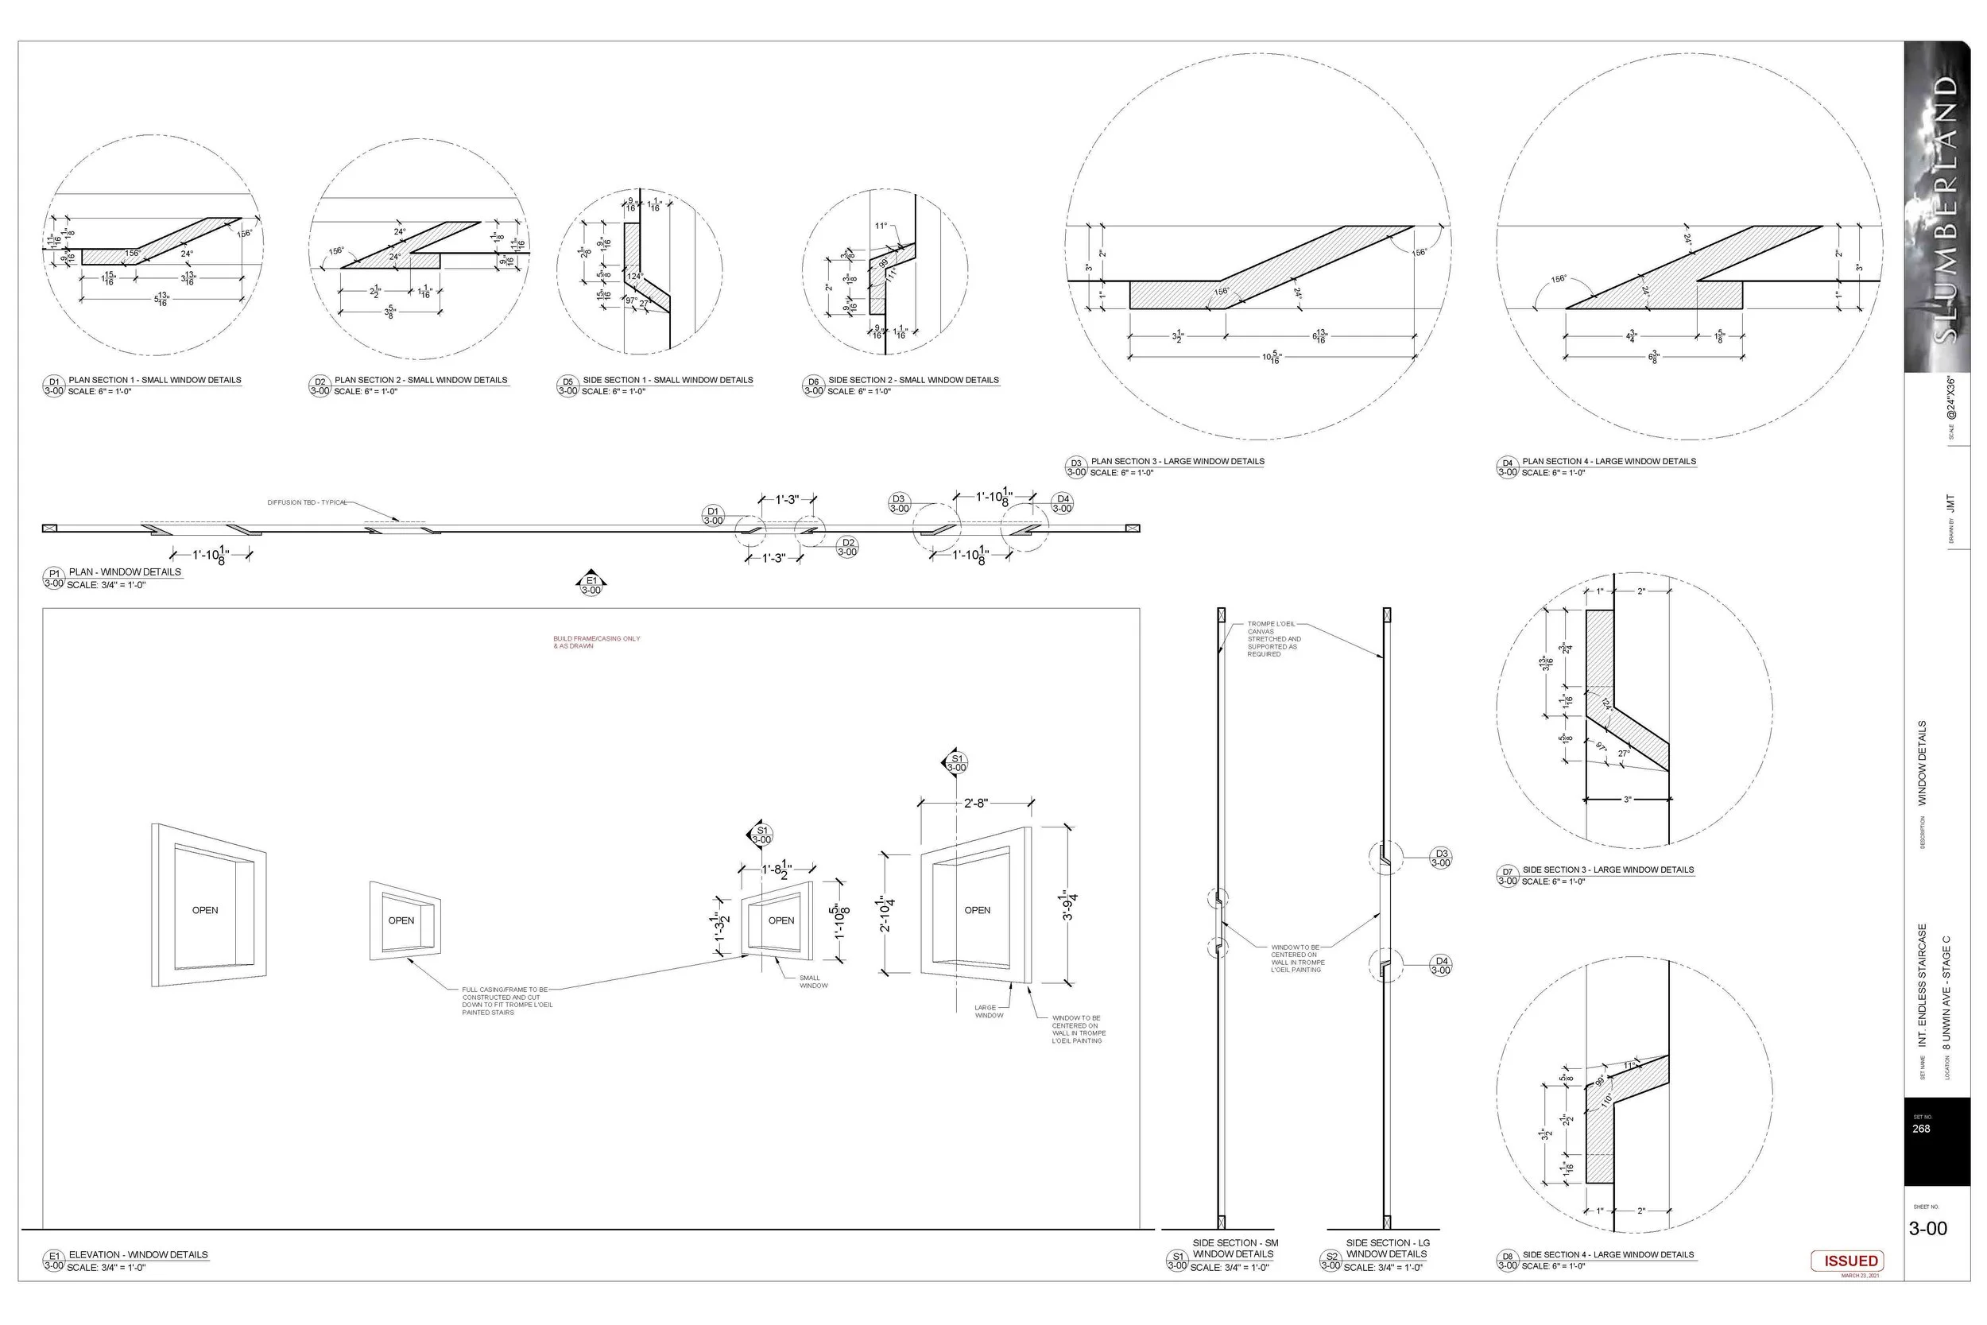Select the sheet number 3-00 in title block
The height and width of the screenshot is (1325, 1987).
(1927, 1229)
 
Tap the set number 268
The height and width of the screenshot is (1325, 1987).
(1920, 1129)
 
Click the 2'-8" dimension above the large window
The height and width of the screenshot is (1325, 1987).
(976, 803)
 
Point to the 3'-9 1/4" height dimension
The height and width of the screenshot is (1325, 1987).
(1070, 905)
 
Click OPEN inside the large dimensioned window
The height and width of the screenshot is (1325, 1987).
(978, 910)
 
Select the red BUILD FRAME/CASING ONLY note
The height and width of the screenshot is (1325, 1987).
(596, 642)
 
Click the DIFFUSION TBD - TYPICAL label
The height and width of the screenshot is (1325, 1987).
(308, 503)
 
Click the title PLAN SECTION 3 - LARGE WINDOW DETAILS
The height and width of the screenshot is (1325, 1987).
(1178, 461)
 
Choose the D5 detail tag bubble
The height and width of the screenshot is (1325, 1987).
(567, 386)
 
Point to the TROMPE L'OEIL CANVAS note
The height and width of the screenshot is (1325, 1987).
(1274, 639)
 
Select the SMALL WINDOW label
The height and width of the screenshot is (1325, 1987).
(813, 982)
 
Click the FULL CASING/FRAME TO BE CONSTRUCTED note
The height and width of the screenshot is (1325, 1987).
(507, 1001)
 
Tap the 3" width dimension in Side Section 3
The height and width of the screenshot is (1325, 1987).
(1627, 800)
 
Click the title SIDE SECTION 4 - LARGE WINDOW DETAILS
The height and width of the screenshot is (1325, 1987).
(1608, 1255)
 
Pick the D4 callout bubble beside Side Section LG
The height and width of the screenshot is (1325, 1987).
(1441, 965)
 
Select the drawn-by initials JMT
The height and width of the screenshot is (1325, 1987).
(1950, 503)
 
